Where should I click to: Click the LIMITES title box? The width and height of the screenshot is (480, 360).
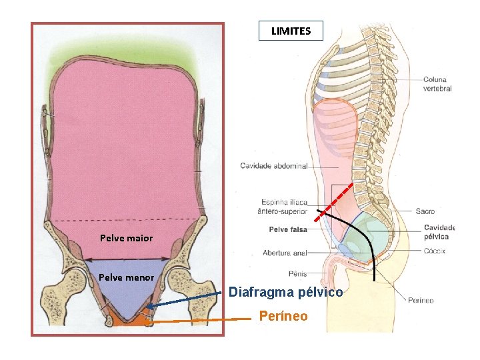(291, 31)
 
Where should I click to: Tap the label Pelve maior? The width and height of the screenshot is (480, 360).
(126, 238)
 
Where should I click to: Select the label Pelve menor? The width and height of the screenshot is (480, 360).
(126, 277)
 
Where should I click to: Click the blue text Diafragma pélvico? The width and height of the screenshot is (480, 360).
(285, 292)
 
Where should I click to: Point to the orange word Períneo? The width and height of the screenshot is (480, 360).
(283, 316)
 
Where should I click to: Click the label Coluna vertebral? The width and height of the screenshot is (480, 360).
(437, 84)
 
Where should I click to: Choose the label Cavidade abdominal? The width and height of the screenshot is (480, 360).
(273, 166)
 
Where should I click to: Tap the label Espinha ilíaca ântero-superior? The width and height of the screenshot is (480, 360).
(282, 207)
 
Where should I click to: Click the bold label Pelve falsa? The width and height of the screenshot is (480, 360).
(287, 230)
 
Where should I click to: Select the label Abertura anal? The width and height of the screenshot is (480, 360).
(285, 253)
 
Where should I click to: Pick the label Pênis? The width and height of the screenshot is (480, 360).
(297, 273)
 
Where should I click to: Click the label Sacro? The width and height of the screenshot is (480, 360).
(425, 211)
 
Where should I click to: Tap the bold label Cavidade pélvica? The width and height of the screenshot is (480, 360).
(439, 232)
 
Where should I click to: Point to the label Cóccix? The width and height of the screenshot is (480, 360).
(434, 251)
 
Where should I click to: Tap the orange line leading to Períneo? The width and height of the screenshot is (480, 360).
(200, 321)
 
